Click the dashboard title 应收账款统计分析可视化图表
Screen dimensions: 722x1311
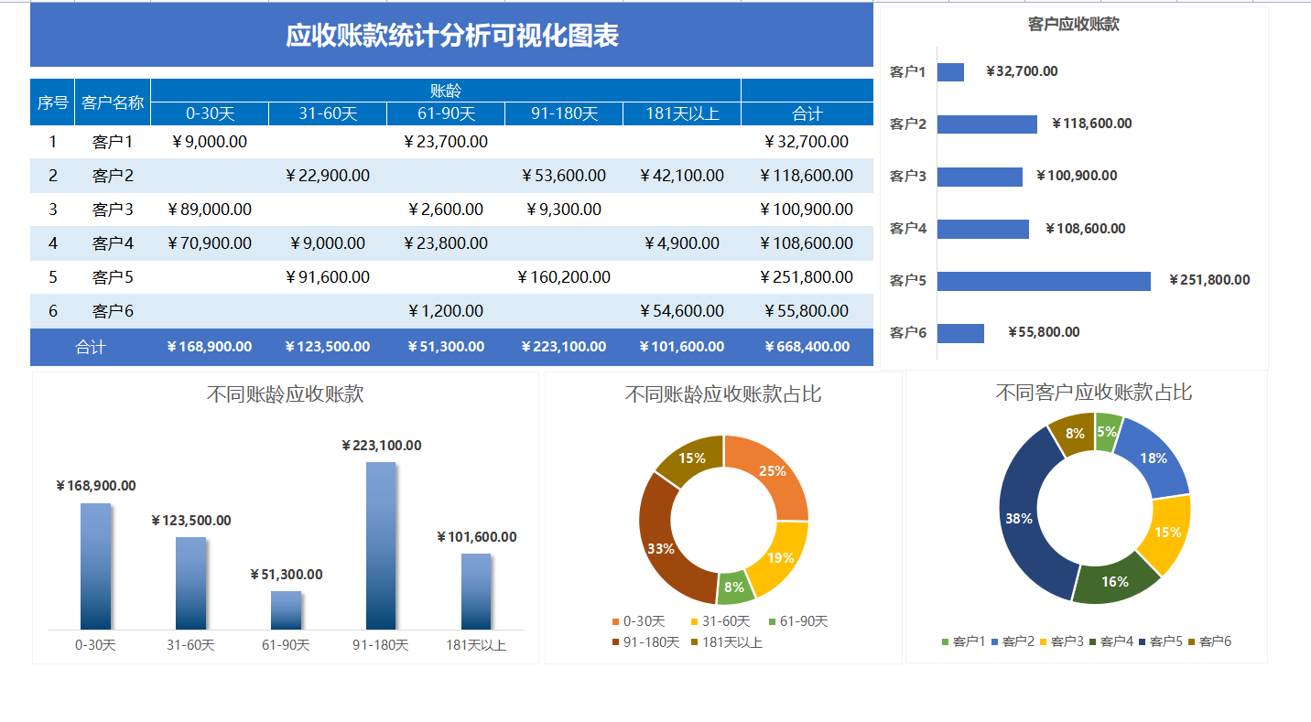tap(452, 36)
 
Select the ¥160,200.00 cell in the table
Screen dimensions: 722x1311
tap(563, 277)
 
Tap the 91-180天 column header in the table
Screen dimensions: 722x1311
tap(564, 114)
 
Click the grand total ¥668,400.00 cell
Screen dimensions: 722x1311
tap(807, 347)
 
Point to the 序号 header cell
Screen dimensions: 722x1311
tap(52, 102)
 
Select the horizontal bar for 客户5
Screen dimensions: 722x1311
tap(1043, 281)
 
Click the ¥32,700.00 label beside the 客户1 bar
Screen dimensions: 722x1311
tap(1022, 71)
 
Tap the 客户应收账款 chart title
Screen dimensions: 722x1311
tap(1073, 25)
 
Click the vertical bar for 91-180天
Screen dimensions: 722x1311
tap(381, 544)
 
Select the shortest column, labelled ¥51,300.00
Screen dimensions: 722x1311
tap(286, 609)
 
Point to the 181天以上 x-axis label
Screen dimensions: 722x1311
tap(476, 645)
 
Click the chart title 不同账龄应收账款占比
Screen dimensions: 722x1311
tap(722, 394)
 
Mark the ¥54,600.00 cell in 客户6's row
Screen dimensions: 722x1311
tap(681, 311)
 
